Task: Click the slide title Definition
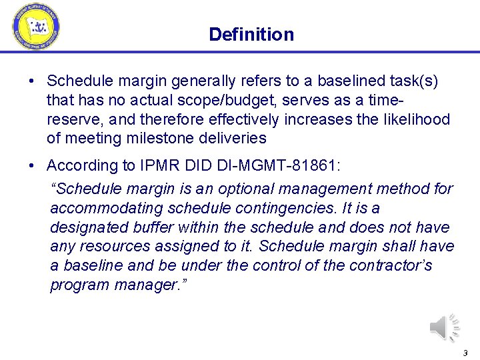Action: coord(251,34)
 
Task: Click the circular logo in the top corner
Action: coord(36,27)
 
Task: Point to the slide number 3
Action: coord(465,353)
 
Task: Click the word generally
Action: coord(203,81)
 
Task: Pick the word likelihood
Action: coord(419,119)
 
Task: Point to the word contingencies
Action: coord(282,209)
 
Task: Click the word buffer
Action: coord(159,227)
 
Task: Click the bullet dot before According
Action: coord(32,165)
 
